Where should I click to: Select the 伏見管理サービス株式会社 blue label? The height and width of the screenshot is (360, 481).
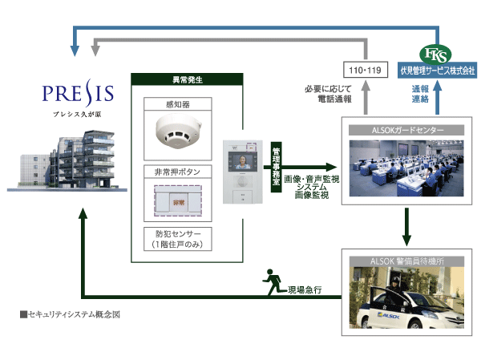(x=438, y=71)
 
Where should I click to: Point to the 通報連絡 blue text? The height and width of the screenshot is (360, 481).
(x=420, y=95)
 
